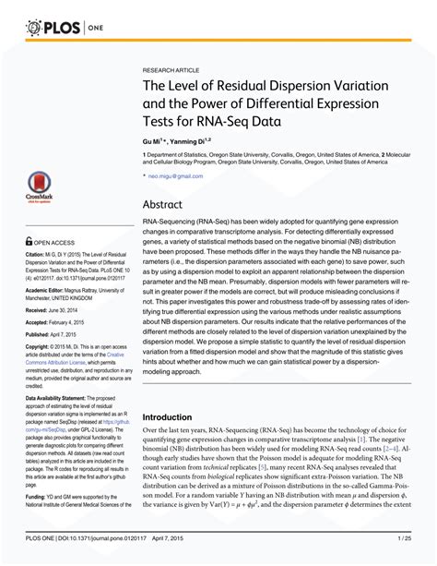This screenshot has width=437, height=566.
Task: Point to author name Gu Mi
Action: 153,142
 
